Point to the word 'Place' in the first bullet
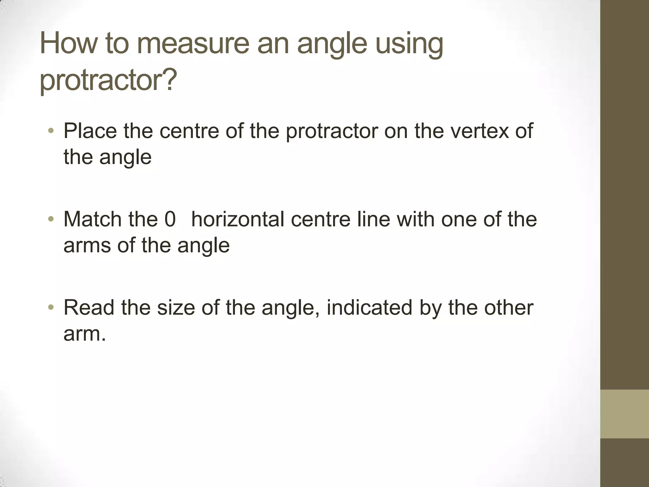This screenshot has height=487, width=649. tap(90, 131)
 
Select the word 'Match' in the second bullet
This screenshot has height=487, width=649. tap(92, 219)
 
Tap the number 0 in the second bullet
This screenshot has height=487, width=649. tap(170, 219)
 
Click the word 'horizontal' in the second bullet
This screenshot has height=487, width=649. tap(238, 219)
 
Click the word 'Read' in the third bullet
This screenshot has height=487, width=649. tap(89, 308)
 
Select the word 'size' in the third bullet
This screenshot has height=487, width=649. tap(176, 308)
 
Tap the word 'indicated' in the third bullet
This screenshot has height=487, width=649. tap(369, 308)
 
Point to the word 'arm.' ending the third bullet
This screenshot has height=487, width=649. tap(85, 334)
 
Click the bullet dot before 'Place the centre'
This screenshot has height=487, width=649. tap(51, 131)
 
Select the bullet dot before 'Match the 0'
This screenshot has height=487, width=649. tap(51, 219)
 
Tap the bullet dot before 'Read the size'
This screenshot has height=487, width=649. tap(51, 308)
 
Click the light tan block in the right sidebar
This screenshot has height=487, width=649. tap(624, 414)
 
